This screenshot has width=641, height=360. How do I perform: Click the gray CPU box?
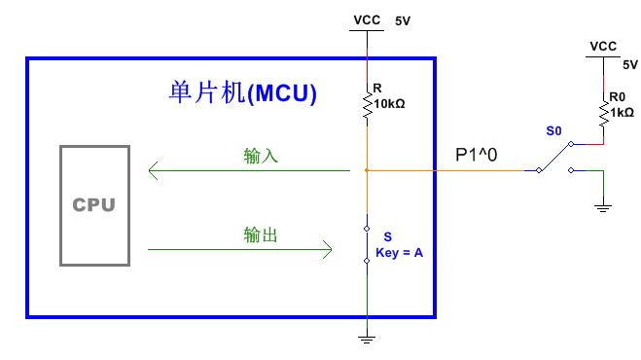coord(93,205)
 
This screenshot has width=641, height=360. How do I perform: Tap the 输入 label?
coord(261,156)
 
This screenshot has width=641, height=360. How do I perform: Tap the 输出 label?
coord(261,234)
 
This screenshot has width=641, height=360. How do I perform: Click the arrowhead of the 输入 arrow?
coord(154,171)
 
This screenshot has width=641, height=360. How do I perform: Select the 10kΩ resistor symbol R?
coord(367,105)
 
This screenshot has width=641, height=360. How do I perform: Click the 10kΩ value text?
coord(389,102)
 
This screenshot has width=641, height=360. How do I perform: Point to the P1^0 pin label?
coord(477,155)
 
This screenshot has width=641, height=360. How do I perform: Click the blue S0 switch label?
coord(553,130)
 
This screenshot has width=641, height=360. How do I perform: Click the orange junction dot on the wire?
coord(367,171)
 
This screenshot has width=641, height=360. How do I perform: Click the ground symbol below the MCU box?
coord(367,339)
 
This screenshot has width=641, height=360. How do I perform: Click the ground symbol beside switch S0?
coord(603,205)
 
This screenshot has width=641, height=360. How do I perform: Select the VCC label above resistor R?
coord(366,18)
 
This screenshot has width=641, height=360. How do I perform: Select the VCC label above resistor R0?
coord(603,46)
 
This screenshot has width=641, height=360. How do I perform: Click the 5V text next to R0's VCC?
coord(629,64)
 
